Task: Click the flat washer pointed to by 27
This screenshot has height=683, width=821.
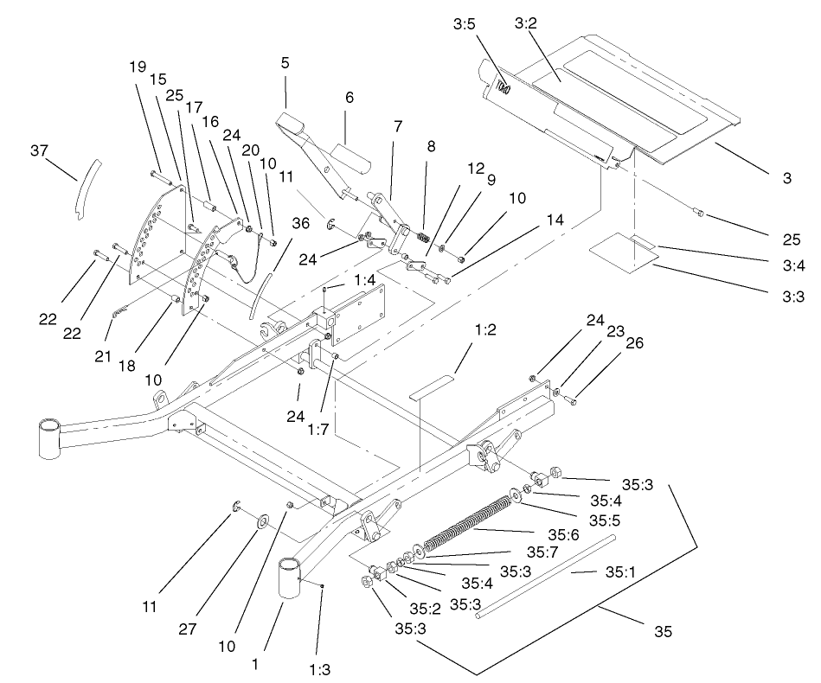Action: (x=260, y=523)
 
